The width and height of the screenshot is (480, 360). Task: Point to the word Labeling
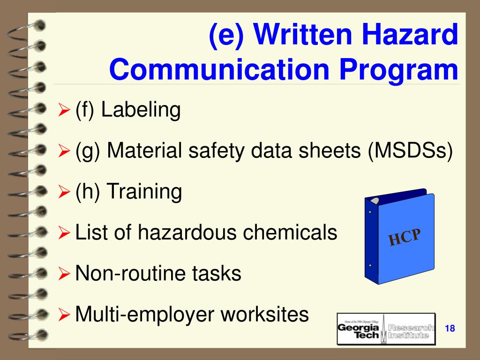coord(141,111)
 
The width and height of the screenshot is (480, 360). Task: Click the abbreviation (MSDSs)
coord(411,151)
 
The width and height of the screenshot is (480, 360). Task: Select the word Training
coord(144,192)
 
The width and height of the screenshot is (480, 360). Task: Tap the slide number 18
coord(450,328)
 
